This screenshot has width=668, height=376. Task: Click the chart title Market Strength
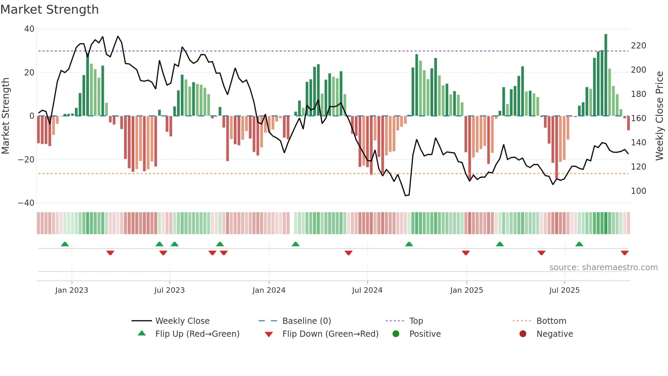[49, 10]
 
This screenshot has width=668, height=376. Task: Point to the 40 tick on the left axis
[29, 29]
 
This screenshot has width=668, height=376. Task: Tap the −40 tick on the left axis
[26, 203]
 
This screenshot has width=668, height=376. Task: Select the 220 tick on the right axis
[638, 46]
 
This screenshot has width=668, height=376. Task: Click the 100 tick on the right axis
[638, 191]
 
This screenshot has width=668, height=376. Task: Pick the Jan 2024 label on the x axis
[269, 290]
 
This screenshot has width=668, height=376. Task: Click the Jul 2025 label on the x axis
[564, 290]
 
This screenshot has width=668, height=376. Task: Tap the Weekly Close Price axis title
[659, 116]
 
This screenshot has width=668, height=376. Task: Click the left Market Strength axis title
[6, 116]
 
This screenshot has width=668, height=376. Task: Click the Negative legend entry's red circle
[523, 334]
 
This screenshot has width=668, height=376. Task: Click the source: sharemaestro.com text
[603, 267]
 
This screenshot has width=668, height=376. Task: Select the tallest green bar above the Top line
[606, 75]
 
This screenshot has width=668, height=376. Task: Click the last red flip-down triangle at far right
[624, 253]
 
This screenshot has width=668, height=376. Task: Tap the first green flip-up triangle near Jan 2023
[65, 244]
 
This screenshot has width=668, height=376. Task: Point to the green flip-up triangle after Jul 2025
[579, 244]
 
